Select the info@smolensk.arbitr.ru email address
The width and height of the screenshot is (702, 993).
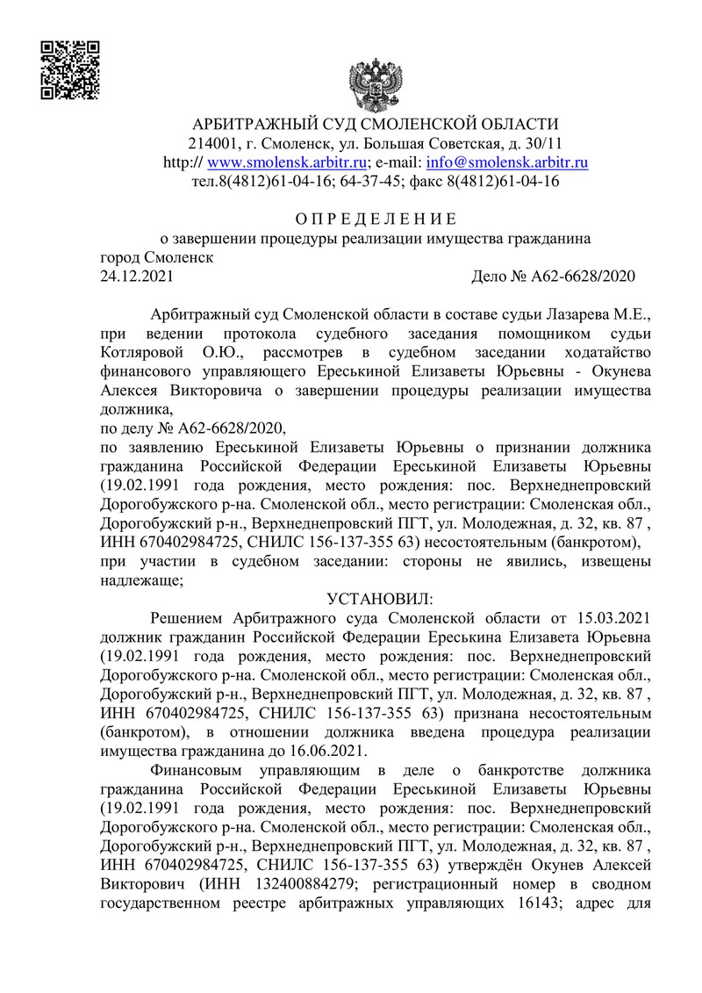click(x=506, y=162)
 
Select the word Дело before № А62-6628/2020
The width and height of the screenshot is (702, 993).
click(x=491, y=277)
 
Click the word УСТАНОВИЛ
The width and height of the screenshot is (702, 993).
click(x=375, y=599)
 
